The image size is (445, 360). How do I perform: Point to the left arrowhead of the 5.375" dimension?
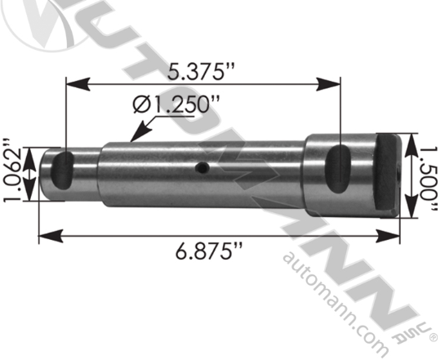tap(69, 82)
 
